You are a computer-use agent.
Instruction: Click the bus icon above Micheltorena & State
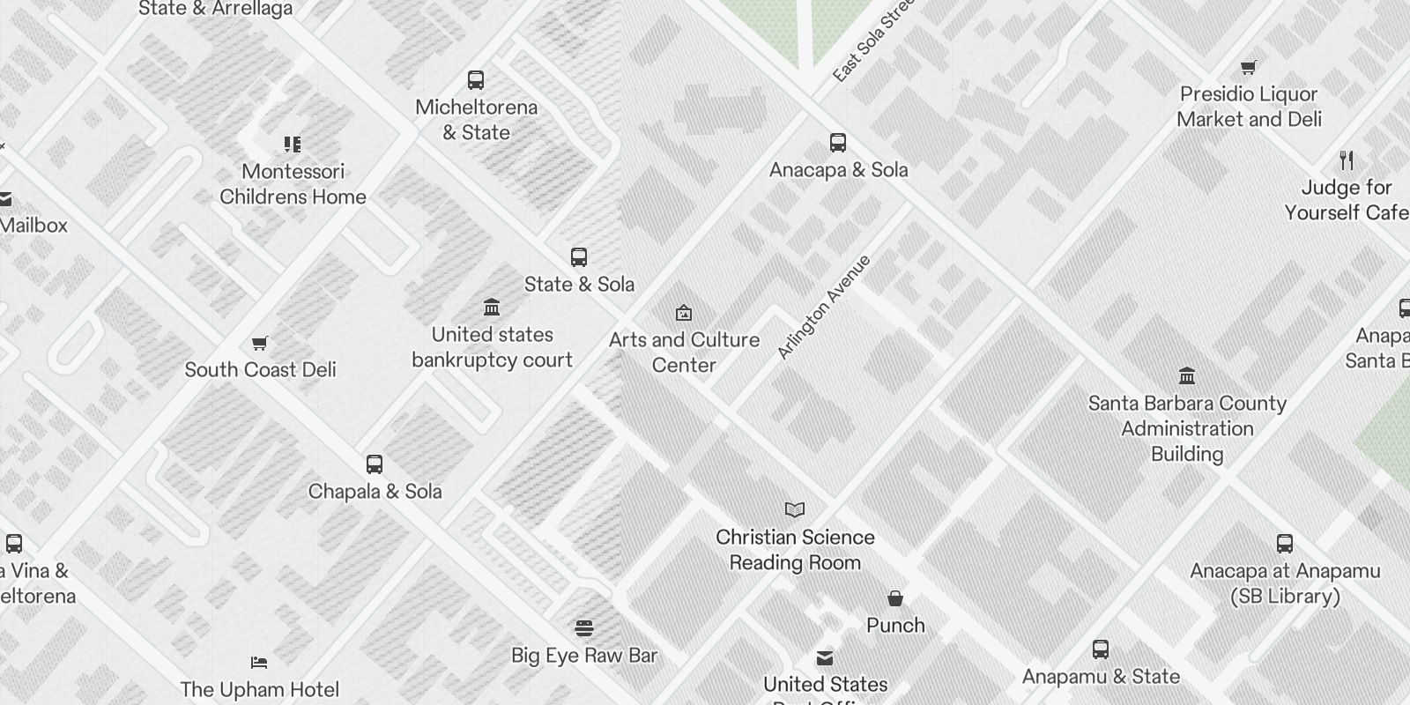click(x=476, y=80)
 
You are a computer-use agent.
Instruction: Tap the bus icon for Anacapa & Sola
click(x=838, y=143)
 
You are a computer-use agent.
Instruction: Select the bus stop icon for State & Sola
click(x=579, y=257)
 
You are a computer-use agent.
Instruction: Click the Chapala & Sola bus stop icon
click(x=375, y=464)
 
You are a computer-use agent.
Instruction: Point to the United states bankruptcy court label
click(x=492, y=347)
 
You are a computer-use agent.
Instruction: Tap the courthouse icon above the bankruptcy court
click(x=492, y=308)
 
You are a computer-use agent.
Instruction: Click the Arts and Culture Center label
click(x=684, y=352)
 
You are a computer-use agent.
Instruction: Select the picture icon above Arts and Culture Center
click(x=684, y=313)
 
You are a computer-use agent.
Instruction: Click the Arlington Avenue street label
click(x=824, y=307)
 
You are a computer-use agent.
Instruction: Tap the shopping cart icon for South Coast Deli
click(x=260, y=343)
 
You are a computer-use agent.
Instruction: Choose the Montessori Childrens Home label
click(x=293, y=184)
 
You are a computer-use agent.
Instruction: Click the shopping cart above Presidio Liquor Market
click(x=1249, y=67)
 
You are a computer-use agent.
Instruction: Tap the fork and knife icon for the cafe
click(x=1347, y=160)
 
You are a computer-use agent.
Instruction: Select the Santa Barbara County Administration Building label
click(x=1187, y=428)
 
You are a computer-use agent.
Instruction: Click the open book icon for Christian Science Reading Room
click(x=795, y=510)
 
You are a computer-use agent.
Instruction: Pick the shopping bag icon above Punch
click(x=895, y=598)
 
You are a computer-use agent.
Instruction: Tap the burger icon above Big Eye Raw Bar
click(x=584, y=628)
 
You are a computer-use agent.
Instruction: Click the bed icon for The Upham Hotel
click(x=259, y=663)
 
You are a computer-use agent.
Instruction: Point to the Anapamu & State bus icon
click(x=1101, y=649)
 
